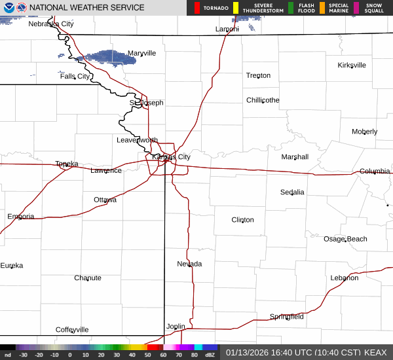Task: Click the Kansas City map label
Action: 171,157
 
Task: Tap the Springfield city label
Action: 287,317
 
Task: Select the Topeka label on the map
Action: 67,164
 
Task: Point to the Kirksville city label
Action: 352,65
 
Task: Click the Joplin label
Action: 176,326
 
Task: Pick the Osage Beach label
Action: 345,239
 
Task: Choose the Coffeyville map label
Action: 72,330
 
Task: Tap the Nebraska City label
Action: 51,24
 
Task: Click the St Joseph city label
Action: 146,103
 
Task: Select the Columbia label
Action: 375,171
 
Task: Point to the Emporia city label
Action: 21,217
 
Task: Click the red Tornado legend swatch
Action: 198,8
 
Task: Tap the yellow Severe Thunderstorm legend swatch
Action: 235,8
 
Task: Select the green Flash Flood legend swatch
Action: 291,8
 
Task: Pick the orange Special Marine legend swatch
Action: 322,8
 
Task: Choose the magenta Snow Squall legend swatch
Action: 356,8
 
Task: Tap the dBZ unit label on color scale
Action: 210,355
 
